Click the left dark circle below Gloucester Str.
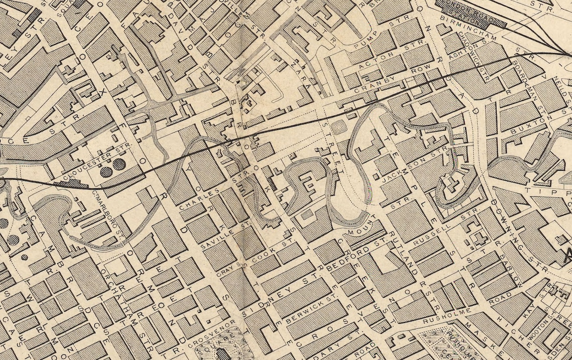pyautogui.click(x=106, y=172)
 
